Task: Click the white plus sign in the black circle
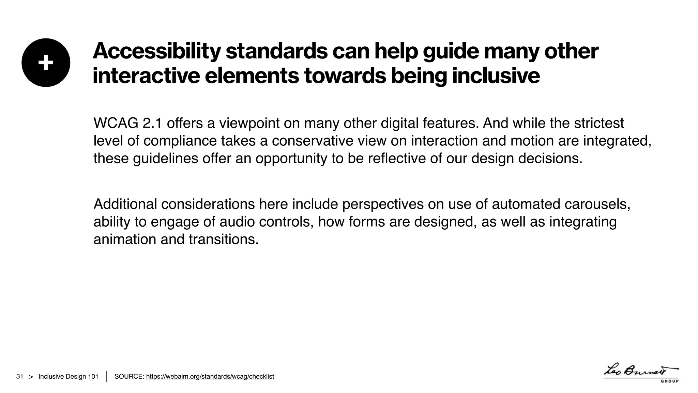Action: click(x=46, y=63)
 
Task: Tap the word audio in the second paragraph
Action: click(x=237, y=222)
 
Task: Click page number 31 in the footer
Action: click(x=20, y=376)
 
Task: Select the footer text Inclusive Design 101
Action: click(x=68, y=376)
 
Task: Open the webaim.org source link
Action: click(x=210, y=376)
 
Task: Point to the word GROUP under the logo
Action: click(x=670, y=381)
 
